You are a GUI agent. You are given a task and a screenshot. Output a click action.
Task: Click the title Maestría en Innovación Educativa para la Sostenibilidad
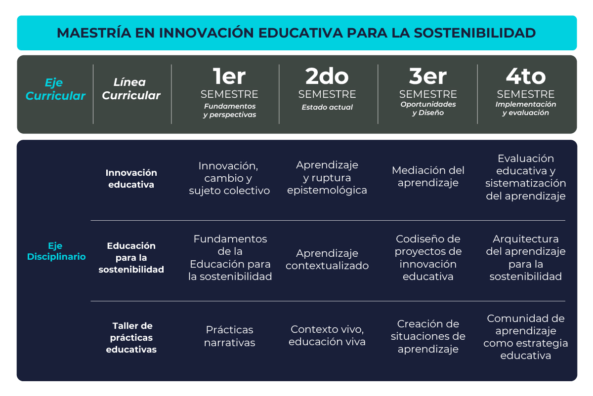pyautogui.click(x=296, y=33)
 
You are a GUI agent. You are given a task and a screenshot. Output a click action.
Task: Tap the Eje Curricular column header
pyautogui.click(x=55, y=89)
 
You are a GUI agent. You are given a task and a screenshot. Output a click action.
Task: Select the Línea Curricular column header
pyautogui.click(x=131, y=89)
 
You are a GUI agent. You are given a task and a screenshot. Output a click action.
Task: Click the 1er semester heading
pyautogui.click(x=229, y=83)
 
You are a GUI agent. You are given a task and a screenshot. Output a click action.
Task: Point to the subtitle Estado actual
pyautogui.click(x=327, y=107)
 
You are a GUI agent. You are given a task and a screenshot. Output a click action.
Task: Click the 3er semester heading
pyautogui.click(x=428, y=83)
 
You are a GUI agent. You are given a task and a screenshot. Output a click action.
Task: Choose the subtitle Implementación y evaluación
pyautogui.click(x=525, y=109)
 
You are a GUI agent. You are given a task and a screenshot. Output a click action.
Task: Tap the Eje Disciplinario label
pyautogui.click(x=56, y=251)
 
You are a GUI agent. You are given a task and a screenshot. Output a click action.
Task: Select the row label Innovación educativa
pyautogui.click(x=131, y=179)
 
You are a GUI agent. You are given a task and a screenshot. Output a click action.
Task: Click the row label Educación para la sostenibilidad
pyautogui.click(x=131, y=257)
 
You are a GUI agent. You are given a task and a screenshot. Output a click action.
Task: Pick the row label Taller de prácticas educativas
pyautogui.click(x=131, y=338)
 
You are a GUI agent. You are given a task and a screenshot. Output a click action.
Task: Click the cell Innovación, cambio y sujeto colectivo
pyautogui.click(x=229, y=178)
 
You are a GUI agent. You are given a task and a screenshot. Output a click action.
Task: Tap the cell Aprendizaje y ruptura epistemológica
pyautogui.click(x=327, y=177)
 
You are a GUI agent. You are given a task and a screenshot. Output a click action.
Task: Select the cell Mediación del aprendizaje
pyautogui.click(x=428, y=176)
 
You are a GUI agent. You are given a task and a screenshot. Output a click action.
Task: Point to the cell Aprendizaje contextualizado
pyautogui.click(x=327, y=259)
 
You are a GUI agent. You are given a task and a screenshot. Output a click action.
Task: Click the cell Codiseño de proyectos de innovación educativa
pyautogui.click(x=428, y=258)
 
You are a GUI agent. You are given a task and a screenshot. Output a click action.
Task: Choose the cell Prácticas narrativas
pyautogui.click(x=229, y=336)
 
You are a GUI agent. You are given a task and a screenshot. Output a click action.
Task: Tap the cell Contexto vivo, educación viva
pyautogui.click(x=327, y=335)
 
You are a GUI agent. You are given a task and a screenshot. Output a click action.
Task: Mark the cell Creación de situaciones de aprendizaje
pyautogui.click(x=428, y=336)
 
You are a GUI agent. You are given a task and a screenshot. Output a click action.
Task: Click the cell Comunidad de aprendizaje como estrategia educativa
pyautogui.click(x=525, y=337)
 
